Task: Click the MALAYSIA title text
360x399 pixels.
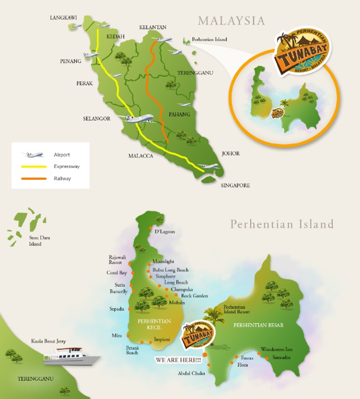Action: [x=231, y=21]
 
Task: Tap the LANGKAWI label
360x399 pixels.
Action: [x=63, y=18]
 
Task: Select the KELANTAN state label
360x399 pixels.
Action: [x=153, y=28]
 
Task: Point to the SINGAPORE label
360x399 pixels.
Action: [x=235, y=185]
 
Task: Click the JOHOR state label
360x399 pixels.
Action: [x=231, y=154]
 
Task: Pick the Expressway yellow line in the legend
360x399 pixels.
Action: [x=34, y=166]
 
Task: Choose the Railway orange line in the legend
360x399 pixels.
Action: [x=34, y=178]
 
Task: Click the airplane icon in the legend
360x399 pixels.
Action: [x=33, y=155]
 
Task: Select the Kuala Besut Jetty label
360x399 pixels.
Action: [x=49, y=341]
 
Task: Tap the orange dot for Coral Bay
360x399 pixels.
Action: [x=133, y=273]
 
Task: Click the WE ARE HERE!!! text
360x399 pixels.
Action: [x=178, y=360]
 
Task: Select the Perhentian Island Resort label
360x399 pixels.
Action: [x=237, y=309]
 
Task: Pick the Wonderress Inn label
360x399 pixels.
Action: [x=277, y=349]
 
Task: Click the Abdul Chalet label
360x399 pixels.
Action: [x=191, y=373]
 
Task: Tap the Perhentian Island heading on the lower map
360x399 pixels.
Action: [x=282, y=224]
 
